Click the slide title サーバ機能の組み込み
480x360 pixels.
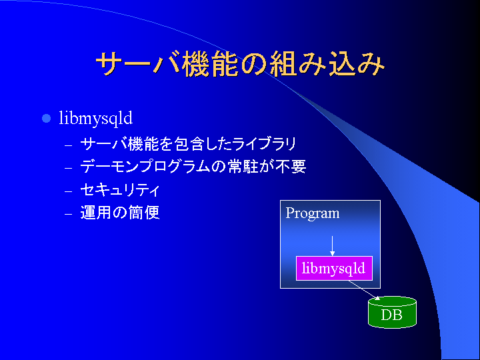point(240,63)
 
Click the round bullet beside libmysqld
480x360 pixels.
point(46,118)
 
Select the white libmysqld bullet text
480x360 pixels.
point(96,119)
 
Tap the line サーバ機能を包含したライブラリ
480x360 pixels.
point(188,144)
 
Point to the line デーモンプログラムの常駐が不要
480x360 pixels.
point(193,167)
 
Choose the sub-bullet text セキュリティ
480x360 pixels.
point(120,190)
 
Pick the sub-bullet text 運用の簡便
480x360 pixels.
point(120,213)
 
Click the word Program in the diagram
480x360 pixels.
point(313,213)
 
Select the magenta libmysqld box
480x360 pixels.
point(334,268)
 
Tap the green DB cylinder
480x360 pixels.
point(392,312)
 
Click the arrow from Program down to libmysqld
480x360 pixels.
point(332,246)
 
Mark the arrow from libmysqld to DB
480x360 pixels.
point(364,290)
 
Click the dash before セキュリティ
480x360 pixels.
point(68,191)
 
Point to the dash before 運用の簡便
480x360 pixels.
point(68,214)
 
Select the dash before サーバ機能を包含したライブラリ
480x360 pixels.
point(68,145)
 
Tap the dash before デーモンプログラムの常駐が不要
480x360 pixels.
point(68,168)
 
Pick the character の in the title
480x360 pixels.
point(254,64)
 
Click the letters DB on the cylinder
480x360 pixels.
point(391,315)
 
